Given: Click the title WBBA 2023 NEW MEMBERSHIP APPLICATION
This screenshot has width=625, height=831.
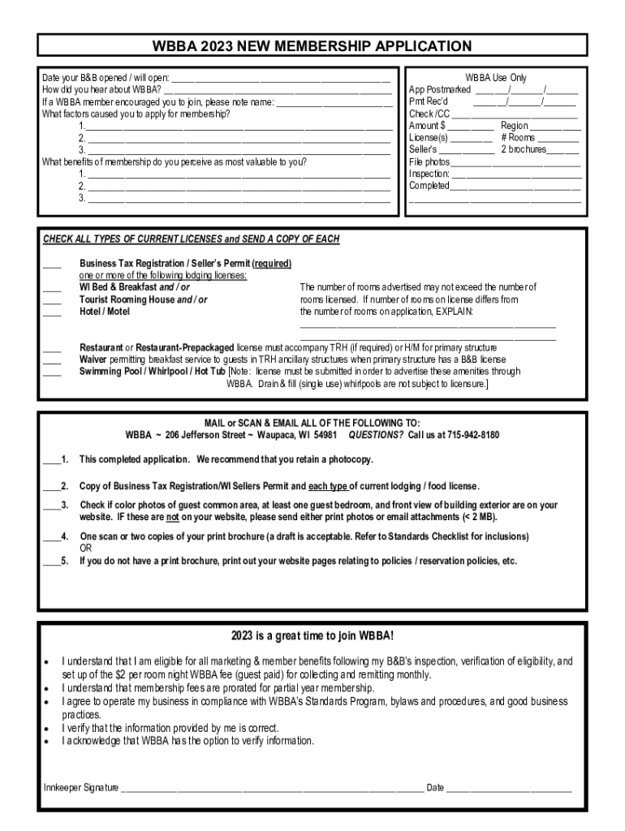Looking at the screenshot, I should coord(312,46).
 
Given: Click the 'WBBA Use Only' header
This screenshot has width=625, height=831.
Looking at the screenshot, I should coord(495,78).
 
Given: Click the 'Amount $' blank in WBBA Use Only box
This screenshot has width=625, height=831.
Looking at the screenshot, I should coord(471,127).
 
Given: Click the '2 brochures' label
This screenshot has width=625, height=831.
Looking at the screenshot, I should coord(523,149).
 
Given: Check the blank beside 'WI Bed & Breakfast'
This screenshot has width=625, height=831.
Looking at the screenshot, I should coord(52,288).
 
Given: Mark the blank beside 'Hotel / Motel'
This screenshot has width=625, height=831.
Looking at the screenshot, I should coord(52,312).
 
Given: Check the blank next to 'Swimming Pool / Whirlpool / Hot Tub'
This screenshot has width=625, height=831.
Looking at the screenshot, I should coord(52,372).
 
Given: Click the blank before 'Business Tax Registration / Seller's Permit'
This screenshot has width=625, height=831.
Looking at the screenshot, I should coord(52,265).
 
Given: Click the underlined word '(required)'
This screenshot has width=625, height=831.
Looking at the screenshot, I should coord(272,264).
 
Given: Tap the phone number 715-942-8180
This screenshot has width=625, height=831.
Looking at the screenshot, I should coord(472,435).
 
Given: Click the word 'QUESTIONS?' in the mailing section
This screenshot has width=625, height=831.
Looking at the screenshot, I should coord(376,435).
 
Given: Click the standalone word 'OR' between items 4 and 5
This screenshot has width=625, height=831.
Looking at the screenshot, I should coord(85,548).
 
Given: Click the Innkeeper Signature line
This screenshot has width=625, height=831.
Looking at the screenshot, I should coord(272,787).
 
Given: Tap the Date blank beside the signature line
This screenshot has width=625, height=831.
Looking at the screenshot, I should coord(509,787).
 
